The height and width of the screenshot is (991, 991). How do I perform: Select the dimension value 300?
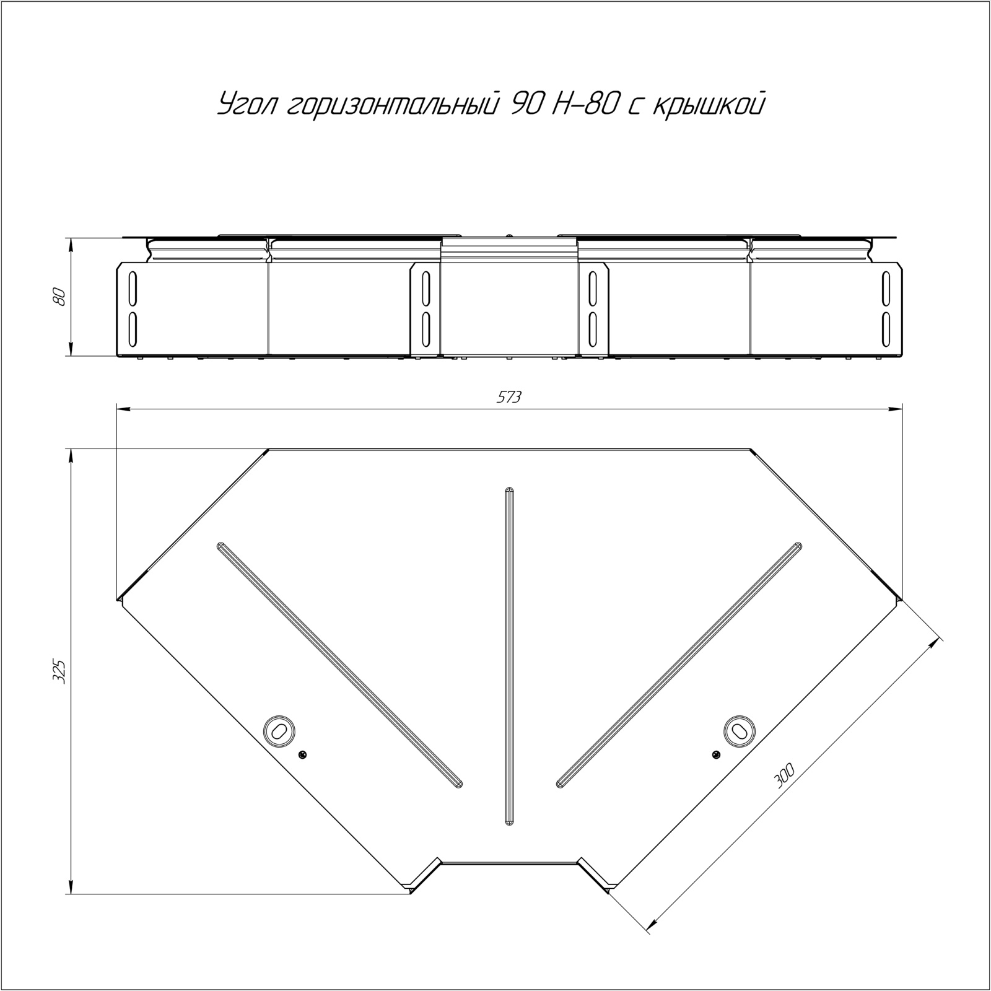[784, 775]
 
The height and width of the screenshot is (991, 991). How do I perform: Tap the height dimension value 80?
[59, 297]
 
